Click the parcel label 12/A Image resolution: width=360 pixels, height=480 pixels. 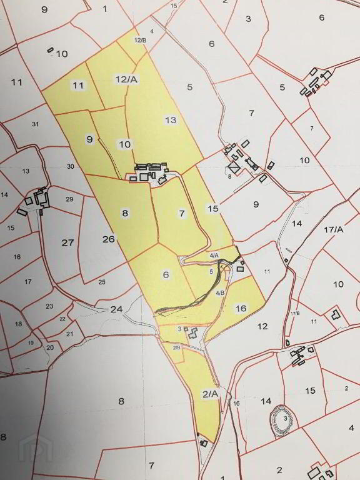pyautogui.click(x=126, y=79)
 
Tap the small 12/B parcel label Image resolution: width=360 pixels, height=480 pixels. pyautogui.click(x=140, y=40)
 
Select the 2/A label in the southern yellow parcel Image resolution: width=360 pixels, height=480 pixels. pyautogui.click(x=210, y=393)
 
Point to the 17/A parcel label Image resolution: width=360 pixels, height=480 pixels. pyautogui.click(x=334, y=229)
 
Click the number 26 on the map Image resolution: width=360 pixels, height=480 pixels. pyautogui.click(x=109, y=239)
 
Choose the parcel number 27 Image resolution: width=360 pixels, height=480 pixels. pyautogui.click(x=67, y=242)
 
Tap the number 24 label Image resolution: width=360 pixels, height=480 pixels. pyautogui.click(x=117, y=309)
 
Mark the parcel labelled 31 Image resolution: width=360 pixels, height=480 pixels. pyautogui.click(x=35, y=124)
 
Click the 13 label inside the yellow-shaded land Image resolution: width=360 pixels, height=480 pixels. pyautogui.click(x=171, y=120)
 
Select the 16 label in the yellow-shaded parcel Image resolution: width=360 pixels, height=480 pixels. pyautogui.click(x=241, y=308)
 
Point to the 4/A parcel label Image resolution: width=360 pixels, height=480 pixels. pyautogui.click(x=214, y=256)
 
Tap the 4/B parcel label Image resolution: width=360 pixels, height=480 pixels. pyautogui.click(x=220, y=293)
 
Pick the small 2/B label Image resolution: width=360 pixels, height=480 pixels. pyautogui.click(x=176, y=347)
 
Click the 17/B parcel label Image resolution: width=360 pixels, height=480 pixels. pyautogui.click(x=295, y=312)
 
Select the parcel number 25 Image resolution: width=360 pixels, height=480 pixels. pyautogui.click(x=102, y=282)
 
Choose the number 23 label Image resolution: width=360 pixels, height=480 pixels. pyautogui.click(x=49, y=306)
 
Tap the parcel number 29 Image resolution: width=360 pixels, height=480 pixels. pyautogui.click(x=69, y=199)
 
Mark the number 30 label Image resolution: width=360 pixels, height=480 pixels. pyautogui.click(x=71, y=166)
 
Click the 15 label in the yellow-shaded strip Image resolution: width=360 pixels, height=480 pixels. pyautogui.click(x=213, y=208)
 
